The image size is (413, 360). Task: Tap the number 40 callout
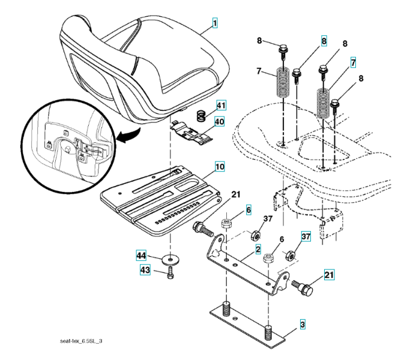(220, 121)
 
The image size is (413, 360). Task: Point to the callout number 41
(222, 106)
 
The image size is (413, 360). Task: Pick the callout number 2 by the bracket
(258, 248)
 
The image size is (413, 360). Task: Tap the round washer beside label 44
(171, 260)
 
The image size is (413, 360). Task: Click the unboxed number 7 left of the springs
(258, 72)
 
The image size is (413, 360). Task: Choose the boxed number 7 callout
(354, 62)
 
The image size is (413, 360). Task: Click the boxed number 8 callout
(324, 41)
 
